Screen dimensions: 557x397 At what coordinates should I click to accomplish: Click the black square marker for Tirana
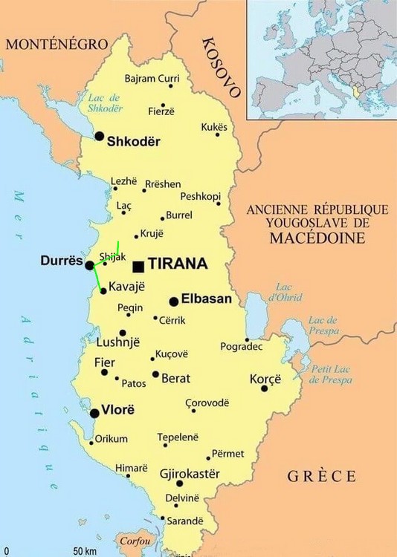point(138,265)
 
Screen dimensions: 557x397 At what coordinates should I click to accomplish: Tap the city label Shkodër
point(134,140)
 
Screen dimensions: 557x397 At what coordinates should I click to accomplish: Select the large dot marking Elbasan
point(174,302)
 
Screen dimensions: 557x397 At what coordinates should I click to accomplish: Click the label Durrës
point(61,261)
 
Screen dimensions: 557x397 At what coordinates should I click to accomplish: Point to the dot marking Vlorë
point(95,414)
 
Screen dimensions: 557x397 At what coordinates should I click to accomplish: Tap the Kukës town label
point(214,127)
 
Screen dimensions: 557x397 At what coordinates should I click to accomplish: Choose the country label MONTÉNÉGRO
point(57,45)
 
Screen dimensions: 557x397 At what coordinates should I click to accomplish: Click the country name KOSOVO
point(222,67)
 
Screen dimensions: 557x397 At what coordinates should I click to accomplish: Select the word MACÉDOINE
point(317,238)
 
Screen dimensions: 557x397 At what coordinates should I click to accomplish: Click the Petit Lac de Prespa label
point(331,374)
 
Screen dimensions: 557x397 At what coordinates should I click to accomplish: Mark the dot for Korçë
point(264,388)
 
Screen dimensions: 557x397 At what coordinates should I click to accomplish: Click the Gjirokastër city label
point(190,473)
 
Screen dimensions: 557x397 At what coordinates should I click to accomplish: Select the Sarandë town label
point(184,521)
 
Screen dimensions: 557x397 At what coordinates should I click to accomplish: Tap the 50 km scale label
point(85,551)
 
